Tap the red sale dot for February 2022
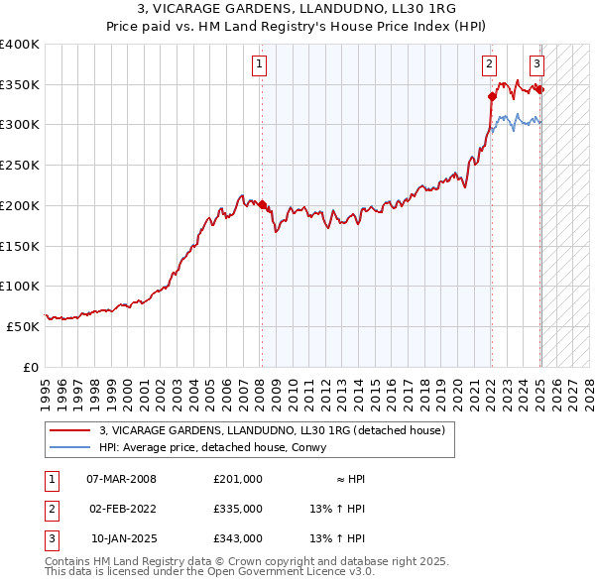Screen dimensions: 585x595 point(492,96)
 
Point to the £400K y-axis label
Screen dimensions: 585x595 point(20,45)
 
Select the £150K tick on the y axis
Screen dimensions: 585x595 point(20,246)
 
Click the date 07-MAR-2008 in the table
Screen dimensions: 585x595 point(121,478)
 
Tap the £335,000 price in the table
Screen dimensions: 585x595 point(238,509)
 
